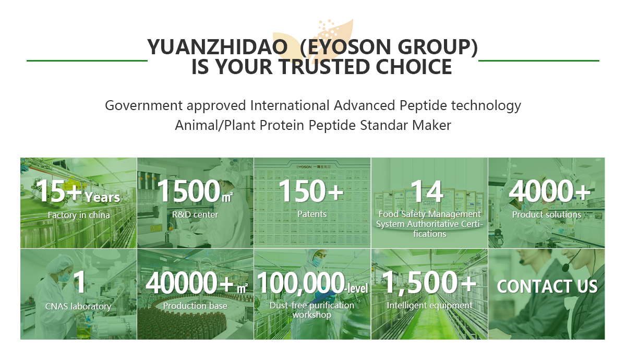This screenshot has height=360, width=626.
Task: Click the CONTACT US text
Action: (x=547, y=286)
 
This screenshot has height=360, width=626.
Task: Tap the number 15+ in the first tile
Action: (x=59, y=191)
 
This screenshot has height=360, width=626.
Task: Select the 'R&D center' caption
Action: (x=195, y=214)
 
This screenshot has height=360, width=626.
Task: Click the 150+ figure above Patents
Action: (x=311, y=191)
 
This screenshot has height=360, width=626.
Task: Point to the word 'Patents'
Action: (x=312, y=214)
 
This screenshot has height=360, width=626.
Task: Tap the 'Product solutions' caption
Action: (x=547, y=214)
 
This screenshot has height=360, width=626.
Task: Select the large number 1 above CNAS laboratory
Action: (x=80, y=283)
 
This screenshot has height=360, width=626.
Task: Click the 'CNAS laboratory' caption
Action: (x=78, y=306)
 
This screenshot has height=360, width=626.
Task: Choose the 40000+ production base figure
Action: (x=189, y=283)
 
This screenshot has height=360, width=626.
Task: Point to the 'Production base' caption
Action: (x=195, y=306)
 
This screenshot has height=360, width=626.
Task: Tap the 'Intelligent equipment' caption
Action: (x=430, y=305)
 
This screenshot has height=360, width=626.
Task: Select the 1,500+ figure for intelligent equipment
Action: (x=429, y=283)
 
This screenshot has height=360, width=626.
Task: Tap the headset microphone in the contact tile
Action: (x=565, y=267)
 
